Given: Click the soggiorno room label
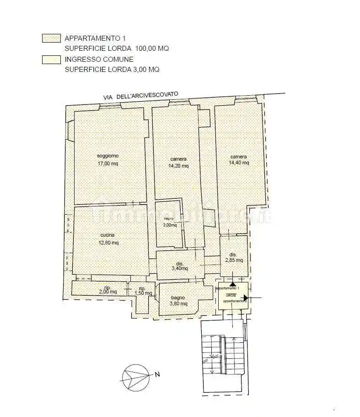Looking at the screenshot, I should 107,156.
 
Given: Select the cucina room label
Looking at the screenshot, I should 107,235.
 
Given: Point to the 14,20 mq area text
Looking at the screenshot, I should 178,166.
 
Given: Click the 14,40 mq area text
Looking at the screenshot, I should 239,162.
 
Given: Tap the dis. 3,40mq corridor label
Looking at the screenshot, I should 180,266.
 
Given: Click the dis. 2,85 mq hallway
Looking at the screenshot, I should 233,257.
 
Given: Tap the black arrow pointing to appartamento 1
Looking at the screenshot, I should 232,285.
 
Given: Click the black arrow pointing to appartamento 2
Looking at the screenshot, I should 246,298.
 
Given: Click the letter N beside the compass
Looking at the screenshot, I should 157,374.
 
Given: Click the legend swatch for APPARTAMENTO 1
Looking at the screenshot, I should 51,38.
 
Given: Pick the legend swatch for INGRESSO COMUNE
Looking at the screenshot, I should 51,60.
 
